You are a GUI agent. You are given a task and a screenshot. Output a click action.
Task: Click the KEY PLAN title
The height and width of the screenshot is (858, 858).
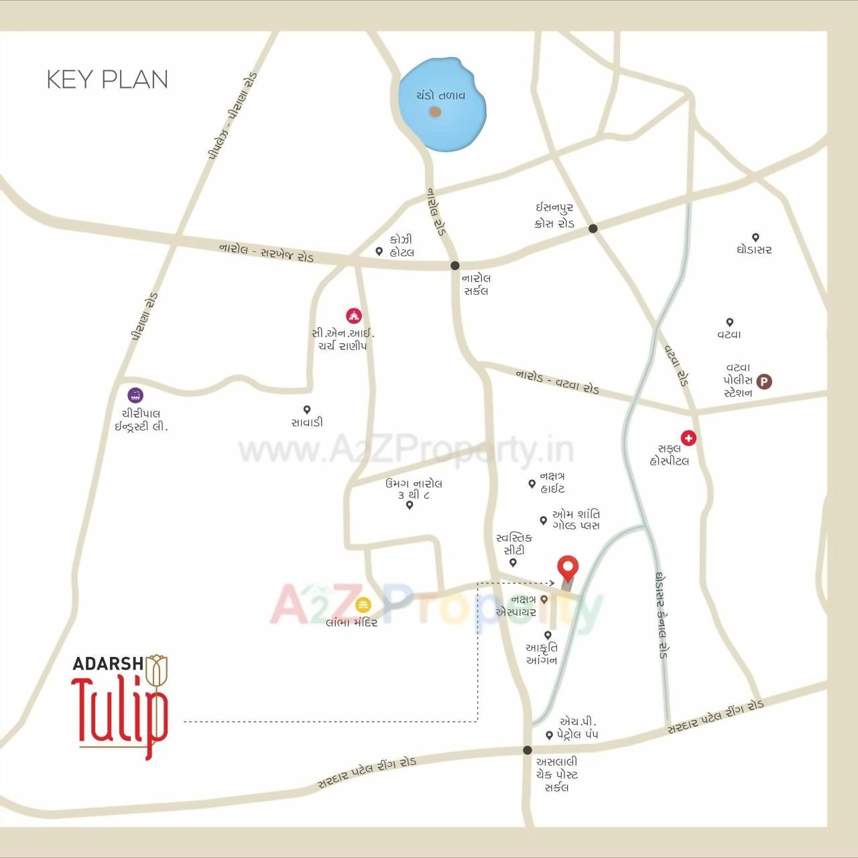(107, 79)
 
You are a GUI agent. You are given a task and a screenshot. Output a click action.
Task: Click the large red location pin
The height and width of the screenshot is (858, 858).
(568, 568)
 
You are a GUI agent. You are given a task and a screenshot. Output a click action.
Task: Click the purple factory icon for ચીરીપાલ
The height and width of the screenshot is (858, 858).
(136, 395)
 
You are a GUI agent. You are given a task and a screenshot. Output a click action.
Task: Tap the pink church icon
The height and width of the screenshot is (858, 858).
(353, 315)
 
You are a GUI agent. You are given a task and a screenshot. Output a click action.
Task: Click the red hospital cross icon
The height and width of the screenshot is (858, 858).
(688, 438)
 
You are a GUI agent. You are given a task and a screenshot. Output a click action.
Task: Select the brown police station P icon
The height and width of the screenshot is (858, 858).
(764, 381)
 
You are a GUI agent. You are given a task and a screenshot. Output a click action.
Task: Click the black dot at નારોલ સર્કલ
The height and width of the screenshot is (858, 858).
(455, 265)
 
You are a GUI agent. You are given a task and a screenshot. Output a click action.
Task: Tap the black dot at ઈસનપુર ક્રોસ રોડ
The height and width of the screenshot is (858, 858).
(593, 229)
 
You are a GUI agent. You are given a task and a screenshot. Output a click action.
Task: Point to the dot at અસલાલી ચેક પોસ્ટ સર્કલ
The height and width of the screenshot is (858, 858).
(528, 750)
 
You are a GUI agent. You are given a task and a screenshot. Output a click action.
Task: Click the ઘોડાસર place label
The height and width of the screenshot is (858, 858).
(754, 249)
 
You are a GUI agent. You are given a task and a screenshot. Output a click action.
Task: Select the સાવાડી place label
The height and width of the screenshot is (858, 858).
(307, 422)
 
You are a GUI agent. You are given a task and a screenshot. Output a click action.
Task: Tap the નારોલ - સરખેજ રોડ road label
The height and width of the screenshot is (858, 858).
(266, 252)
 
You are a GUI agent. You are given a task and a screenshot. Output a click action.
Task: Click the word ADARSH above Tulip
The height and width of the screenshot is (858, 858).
(107, 664)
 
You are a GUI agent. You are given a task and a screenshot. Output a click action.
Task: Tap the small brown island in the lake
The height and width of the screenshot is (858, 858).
(435, 112)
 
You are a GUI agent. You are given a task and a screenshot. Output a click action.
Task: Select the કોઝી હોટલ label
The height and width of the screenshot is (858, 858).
(402, 246)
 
